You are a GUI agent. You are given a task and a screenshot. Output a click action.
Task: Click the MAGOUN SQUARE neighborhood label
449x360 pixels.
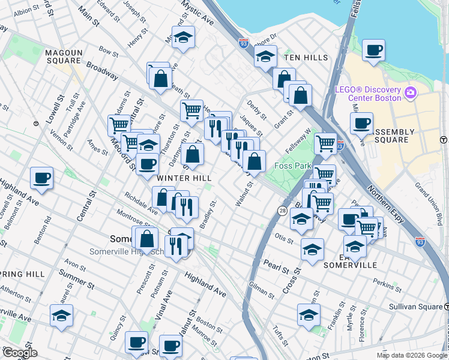(x=63, y=56)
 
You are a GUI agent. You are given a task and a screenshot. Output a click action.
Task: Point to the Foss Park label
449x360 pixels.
(x=294, y=166)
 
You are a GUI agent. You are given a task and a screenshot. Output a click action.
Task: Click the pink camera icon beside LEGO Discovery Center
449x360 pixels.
(x=411, y=93)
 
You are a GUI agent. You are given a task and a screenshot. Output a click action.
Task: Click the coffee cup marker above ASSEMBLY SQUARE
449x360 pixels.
(x=361, y=123)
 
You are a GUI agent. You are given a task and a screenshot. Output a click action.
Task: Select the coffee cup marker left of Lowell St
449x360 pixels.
(x=42, y=177)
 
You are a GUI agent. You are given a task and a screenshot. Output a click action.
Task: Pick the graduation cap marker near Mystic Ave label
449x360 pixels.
(x=183, y=37)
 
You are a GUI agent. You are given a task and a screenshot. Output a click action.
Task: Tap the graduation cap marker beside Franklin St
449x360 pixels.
(x=308, y=314)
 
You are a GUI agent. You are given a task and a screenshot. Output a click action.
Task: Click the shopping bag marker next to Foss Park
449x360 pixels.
(x=255, y=161)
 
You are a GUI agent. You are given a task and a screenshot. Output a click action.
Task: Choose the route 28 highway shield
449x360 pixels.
(x=282, y=209)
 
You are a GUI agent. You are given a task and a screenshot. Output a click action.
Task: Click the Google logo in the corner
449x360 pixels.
(x=19, y=353)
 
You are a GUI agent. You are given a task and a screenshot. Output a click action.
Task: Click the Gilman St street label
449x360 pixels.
(x=261, y=290)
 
